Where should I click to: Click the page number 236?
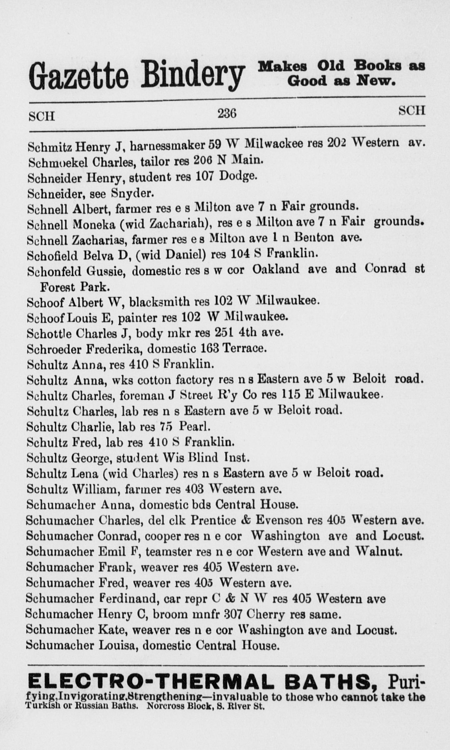(227, 113)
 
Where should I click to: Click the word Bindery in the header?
(191, 75)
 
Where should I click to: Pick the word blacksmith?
(159, 302)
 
